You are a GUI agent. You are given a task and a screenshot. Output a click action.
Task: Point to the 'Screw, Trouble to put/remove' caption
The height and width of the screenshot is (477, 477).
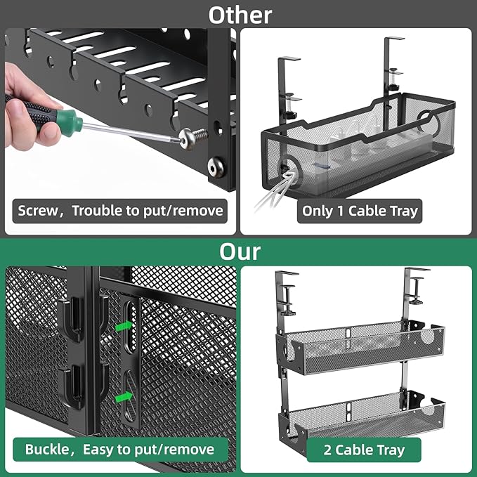[x=119, y=210]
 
